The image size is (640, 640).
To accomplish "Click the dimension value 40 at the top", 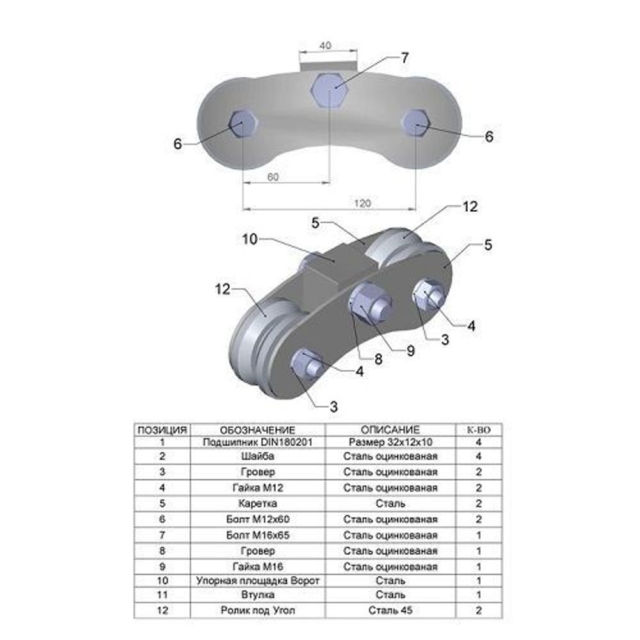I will coord(325,45).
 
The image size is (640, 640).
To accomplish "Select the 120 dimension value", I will coord(362,203).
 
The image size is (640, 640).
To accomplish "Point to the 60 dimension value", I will coord(273,177).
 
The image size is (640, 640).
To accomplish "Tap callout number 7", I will coord(404,58).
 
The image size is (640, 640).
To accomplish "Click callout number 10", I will coord(250,239).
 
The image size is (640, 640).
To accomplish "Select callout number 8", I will coord(378,359).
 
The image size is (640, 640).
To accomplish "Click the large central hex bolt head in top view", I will coord(329,89).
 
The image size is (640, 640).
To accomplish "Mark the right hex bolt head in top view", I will coord(415,122).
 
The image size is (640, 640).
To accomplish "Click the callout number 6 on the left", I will coord(177,144).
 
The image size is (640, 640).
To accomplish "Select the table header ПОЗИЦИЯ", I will coord(162,429).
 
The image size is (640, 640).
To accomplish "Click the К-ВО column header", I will coord(478,429).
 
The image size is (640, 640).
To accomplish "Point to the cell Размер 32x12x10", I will coord(390,442).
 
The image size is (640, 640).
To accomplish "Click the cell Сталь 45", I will coord(390,611).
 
